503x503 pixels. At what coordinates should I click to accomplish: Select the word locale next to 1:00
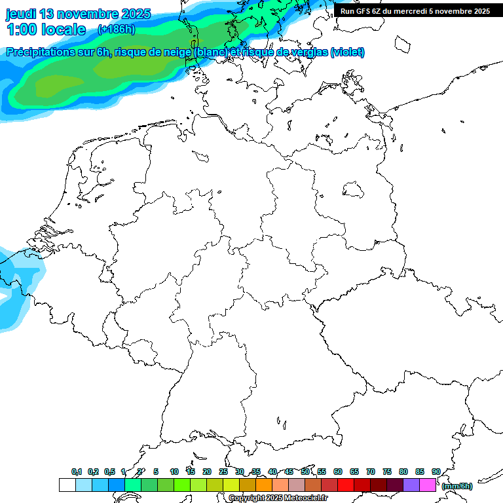(x=63, y=29)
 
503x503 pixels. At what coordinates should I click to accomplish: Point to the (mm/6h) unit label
(x=457, y=486)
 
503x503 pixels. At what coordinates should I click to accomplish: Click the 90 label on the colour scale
(x=436, y=472)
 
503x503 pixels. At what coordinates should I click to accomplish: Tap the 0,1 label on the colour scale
(x=77, y=472)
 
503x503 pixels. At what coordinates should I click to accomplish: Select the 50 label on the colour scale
(x=305, y=472)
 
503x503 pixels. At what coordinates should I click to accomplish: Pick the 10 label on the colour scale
(x=174, y=472)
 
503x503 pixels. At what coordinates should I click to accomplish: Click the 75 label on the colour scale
(x=386, y=472)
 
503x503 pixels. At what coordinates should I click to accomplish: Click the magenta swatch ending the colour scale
(x=428, y=485)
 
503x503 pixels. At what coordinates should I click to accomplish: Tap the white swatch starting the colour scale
(x=67, y=485)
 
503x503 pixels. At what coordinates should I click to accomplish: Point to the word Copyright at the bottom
(x=246, y=498)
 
